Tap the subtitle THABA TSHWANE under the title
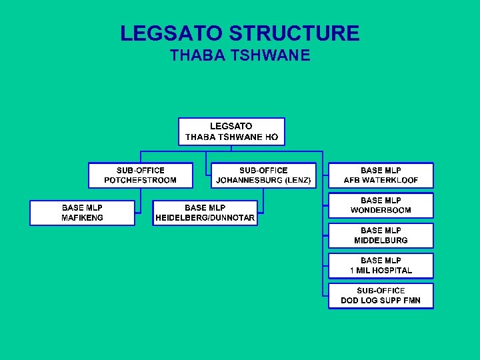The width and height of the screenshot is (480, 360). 240,55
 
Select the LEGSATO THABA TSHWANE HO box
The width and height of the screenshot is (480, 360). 231,131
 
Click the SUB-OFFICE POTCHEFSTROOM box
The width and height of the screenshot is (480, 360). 141,175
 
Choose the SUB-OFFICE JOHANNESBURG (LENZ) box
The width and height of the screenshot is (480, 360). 263,175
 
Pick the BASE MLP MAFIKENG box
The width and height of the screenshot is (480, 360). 82,213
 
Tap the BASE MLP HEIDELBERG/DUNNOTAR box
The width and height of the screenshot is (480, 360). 205,213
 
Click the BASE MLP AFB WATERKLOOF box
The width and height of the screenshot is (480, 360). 381,175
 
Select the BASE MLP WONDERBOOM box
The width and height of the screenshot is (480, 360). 381,205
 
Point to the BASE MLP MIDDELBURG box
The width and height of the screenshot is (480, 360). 381,235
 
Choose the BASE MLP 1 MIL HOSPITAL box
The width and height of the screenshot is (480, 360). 381,265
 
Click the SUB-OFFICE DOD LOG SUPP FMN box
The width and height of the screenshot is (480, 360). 381,295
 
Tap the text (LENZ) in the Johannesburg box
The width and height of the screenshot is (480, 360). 297,181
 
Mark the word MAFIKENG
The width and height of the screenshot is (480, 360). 82,218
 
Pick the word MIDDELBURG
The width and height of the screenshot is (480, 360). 381,241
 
